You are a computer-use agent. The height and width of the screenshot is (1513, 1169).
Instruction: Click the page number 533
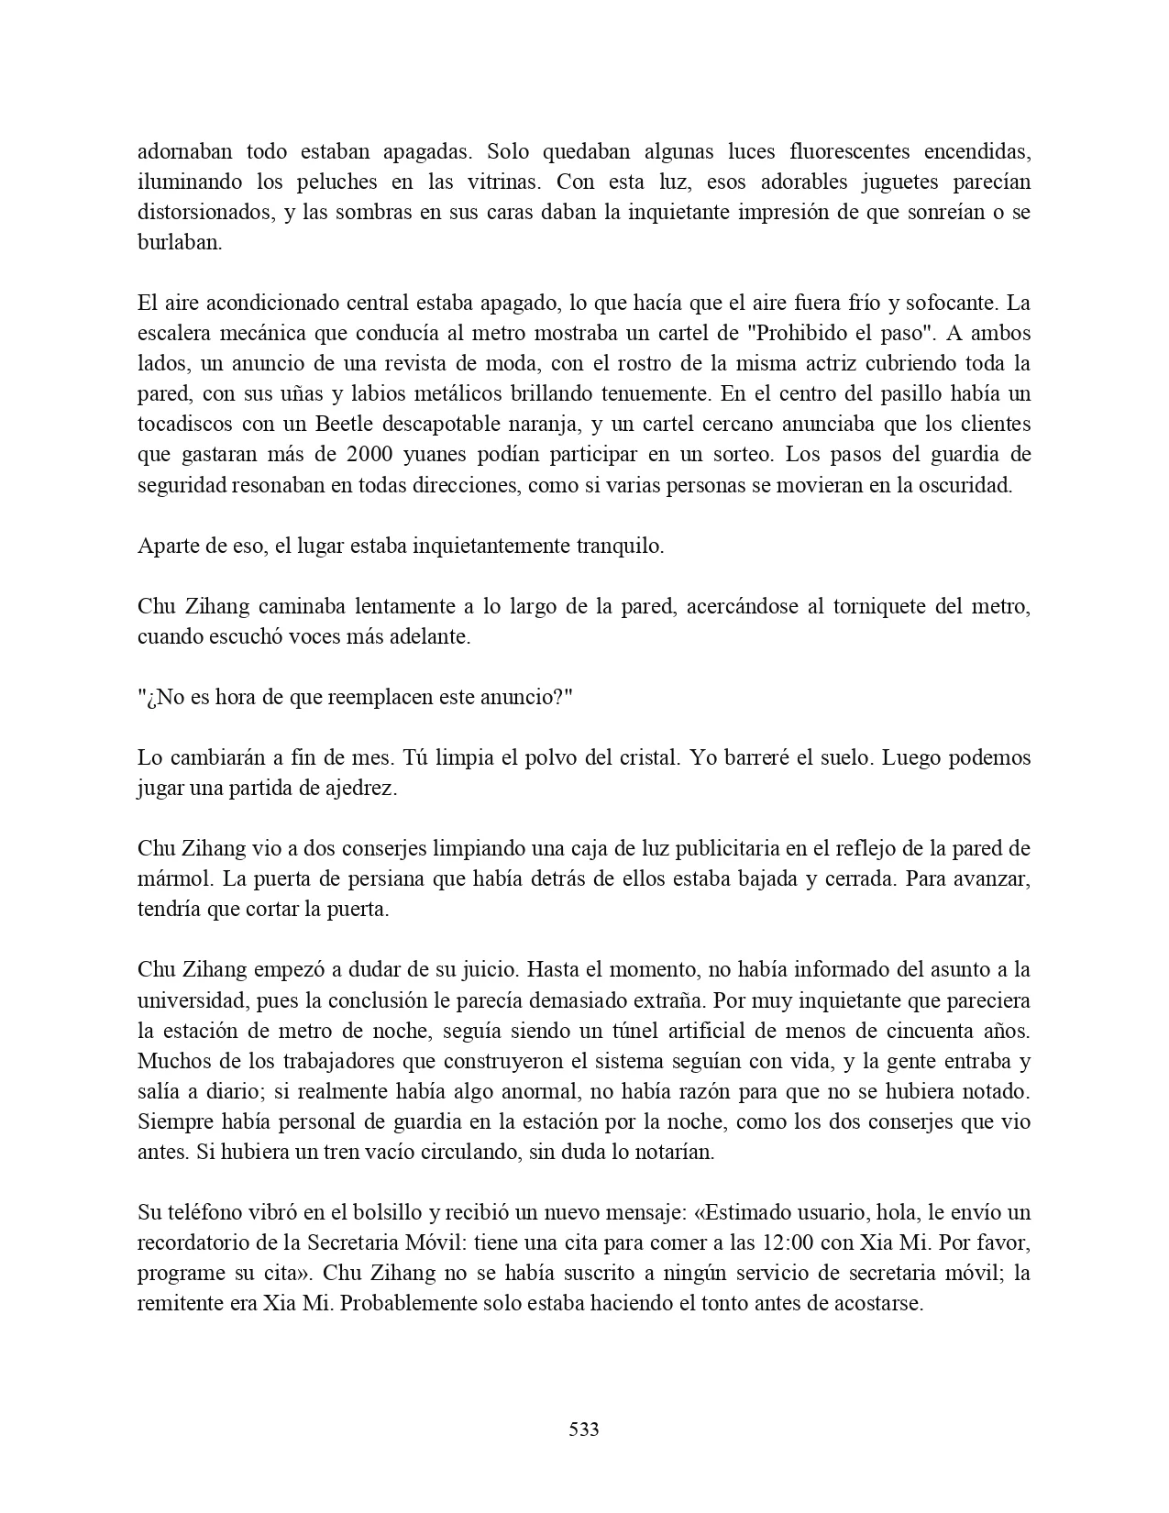click(x=584, y=1429)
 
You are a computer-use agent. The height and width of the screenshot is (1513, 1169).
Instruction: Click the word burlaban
click(x=180, y=243)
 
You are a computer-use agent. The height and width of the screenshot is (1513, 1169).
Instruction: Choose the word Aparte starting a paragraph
click(x=168, y=546)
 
